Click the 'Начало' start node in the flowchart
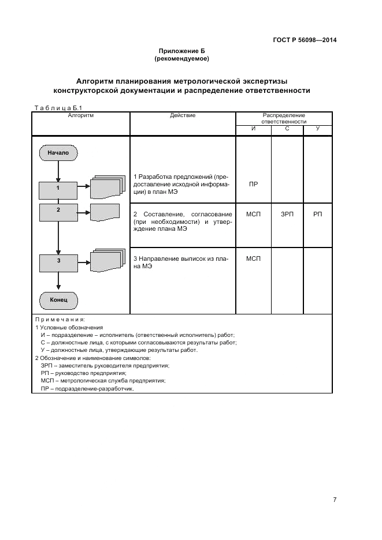coord(58,153)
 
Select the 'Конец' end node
coord(58,300)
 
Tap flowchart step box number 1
coord(58,189)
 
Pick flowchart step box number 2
coord(58,212)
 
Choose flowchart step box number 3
coord(58,262)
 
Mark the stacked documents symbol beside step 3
coord(107,260)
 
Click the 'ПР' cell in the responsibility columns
coord(253,184)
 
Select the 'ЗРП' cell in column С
coord(287,214)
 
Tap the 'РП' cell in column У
coord(317,214)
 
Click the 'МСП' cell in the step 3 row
coord(253,258)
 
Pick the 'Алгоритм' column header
coord(80,115)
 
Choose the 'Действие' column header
coord(183,115)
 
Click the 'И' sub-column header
coord(253,128)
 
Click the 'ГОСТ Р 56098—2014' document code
coord(305,40)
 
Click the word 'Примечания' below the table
coord(60,319)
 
